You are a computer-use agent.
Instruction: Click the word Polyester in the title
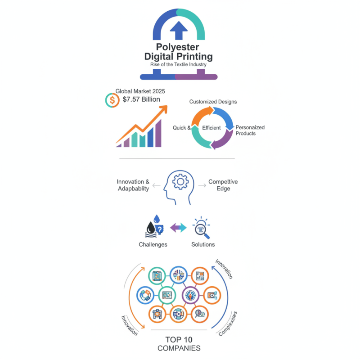[177, 47]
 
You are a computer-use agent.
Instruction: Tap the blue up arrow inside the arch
[179, 30]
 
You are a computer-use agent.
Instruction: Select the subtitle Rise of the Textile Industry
[178, 64]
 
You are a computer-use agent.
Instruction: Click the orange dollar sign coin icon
[112, 100]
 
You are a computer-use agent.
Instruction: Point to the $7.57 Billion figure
[141, 99]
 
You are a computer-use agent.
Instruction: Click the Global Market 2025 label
[140, 91]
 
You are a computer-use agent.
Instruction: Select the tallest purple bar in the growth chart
[158, 133]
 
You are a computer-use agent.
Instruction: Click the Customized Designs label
[213, 102]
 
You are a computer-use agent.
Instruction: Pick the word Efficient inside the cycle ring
[211, 128]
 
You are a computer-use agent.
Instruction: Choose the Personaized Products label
[250, 130]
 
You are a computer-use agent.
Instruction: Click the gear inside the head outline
[180, 182]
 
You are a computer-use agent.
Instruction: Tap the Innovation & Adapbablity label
[133, 185]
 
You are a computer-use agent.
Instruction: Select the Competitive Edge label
[223, 185]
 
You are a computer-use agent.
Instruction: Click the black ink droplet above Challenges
[151, 228]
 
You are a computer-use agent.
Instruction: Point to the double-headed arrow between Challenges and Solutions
[178, 228]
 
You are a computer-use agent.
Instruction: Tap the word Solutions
[203, 244]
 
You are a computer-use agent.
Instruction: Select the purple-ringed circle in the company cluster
[190, 295]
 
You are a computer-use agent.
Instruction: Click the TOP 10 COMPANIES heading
[179, 344]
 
